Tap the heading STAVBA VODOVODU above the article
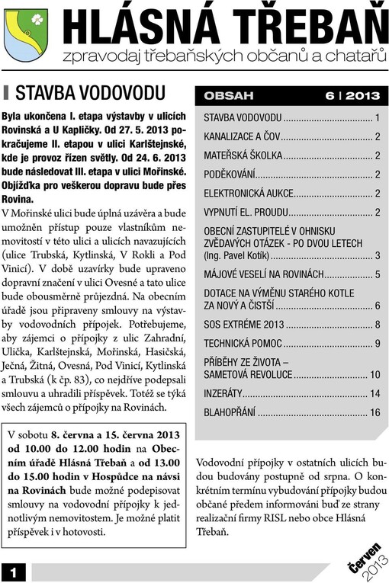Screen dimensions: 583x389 click(90, 93)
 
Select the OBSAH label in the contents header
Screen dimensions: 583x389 click(228, 97)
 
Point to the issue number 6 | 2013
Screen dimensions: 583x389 click(352, 97)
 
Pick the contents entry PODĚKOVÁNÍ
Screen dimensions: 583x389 click(230, 175)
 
